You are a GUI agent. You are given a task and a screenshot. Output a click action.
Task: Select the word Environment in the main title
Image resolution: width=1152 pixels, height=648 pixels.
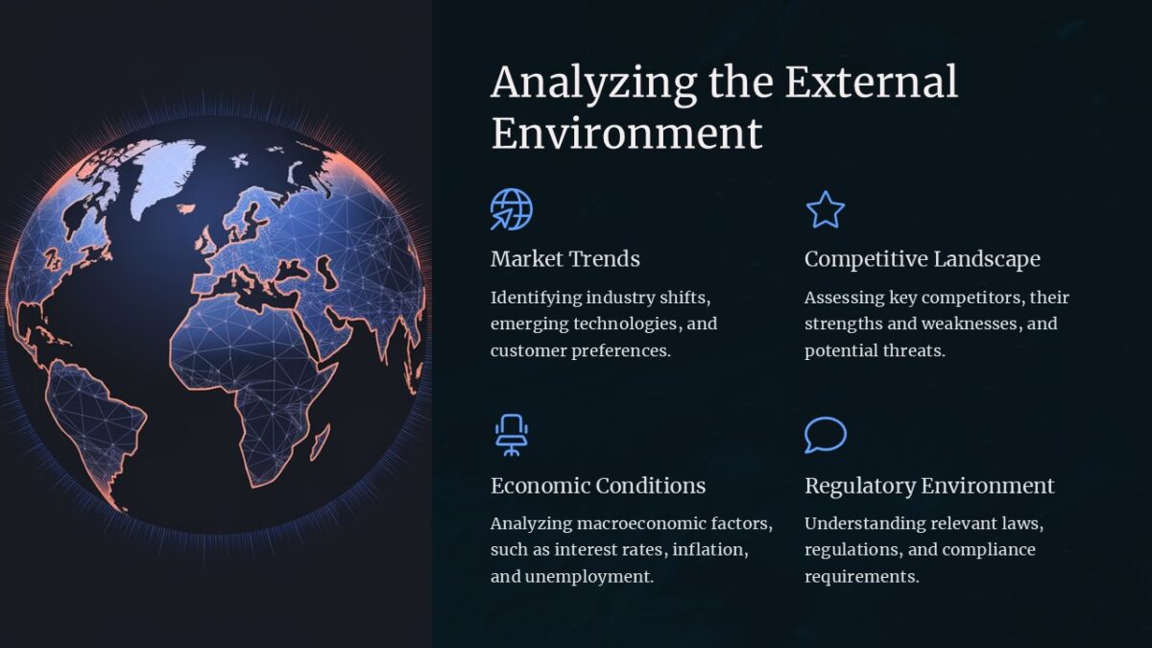(x=627, y=132)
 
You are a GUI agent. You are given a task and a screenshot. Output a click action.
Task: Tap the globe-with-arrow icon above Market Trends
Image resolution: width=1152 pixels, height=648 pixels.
(x=511, y=209)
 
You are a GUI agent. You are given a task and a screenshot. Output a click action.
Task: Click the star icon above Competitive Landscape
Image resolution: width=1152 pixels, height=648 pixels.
(x=825, y=209)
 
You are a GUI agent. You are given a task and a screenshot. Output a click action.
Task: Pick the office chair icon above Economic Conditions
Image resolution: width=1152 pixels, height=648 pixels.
(x=512, y=435)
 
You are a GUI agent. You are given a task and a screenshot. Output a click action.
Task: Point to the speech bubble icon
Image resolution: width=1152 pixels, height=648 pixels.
(x=825, y=435)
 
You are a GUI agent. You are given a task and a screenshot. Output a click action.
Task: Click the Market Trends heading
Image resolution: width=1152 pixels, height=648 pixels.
(x=564, y=259)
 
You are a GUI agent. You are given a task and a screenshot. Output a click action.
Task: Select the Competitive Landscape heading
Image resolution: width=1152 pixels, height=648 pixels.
(x=922, y=259)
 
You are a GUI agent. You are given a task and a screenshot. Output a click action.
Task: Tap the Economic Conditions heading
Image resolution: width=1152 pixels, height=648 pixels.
(x=597, y=486)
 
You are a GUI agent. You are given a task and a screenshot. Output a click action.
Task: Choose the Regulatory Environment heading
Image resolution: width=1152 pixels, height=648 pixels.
(x=928, y=486)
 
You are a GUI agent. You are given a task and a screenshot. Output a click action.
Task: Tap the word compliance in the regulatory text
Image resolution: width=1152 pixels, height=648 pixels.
(x=988, y=550)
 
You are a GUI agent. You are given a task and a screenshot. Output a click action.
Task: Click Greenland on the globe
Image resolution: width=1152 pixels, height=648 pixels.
(x=169, y=173)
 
